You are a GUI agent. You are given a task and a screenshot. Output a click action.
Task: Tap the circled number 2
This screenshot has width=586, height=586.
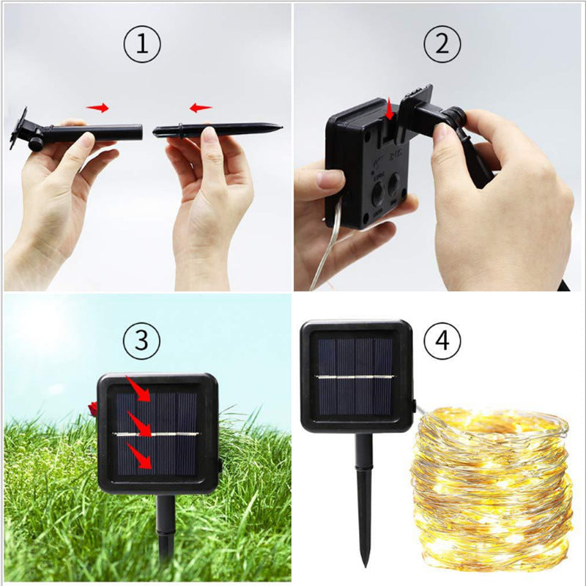442,45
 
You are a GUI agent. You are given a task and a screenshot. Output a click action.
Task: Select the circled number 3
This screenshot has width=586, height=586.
142,340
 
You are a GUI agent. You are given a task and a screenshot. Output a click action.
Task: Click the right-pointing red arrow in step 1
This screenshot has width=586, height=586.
97,108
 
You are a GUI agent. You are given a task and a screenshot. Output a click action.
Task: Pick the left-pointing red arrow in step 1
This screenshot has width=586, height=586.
201,108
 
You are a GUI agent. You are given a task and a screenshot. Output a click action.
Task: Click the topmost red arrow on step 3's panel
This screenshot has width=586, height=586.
139,388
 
